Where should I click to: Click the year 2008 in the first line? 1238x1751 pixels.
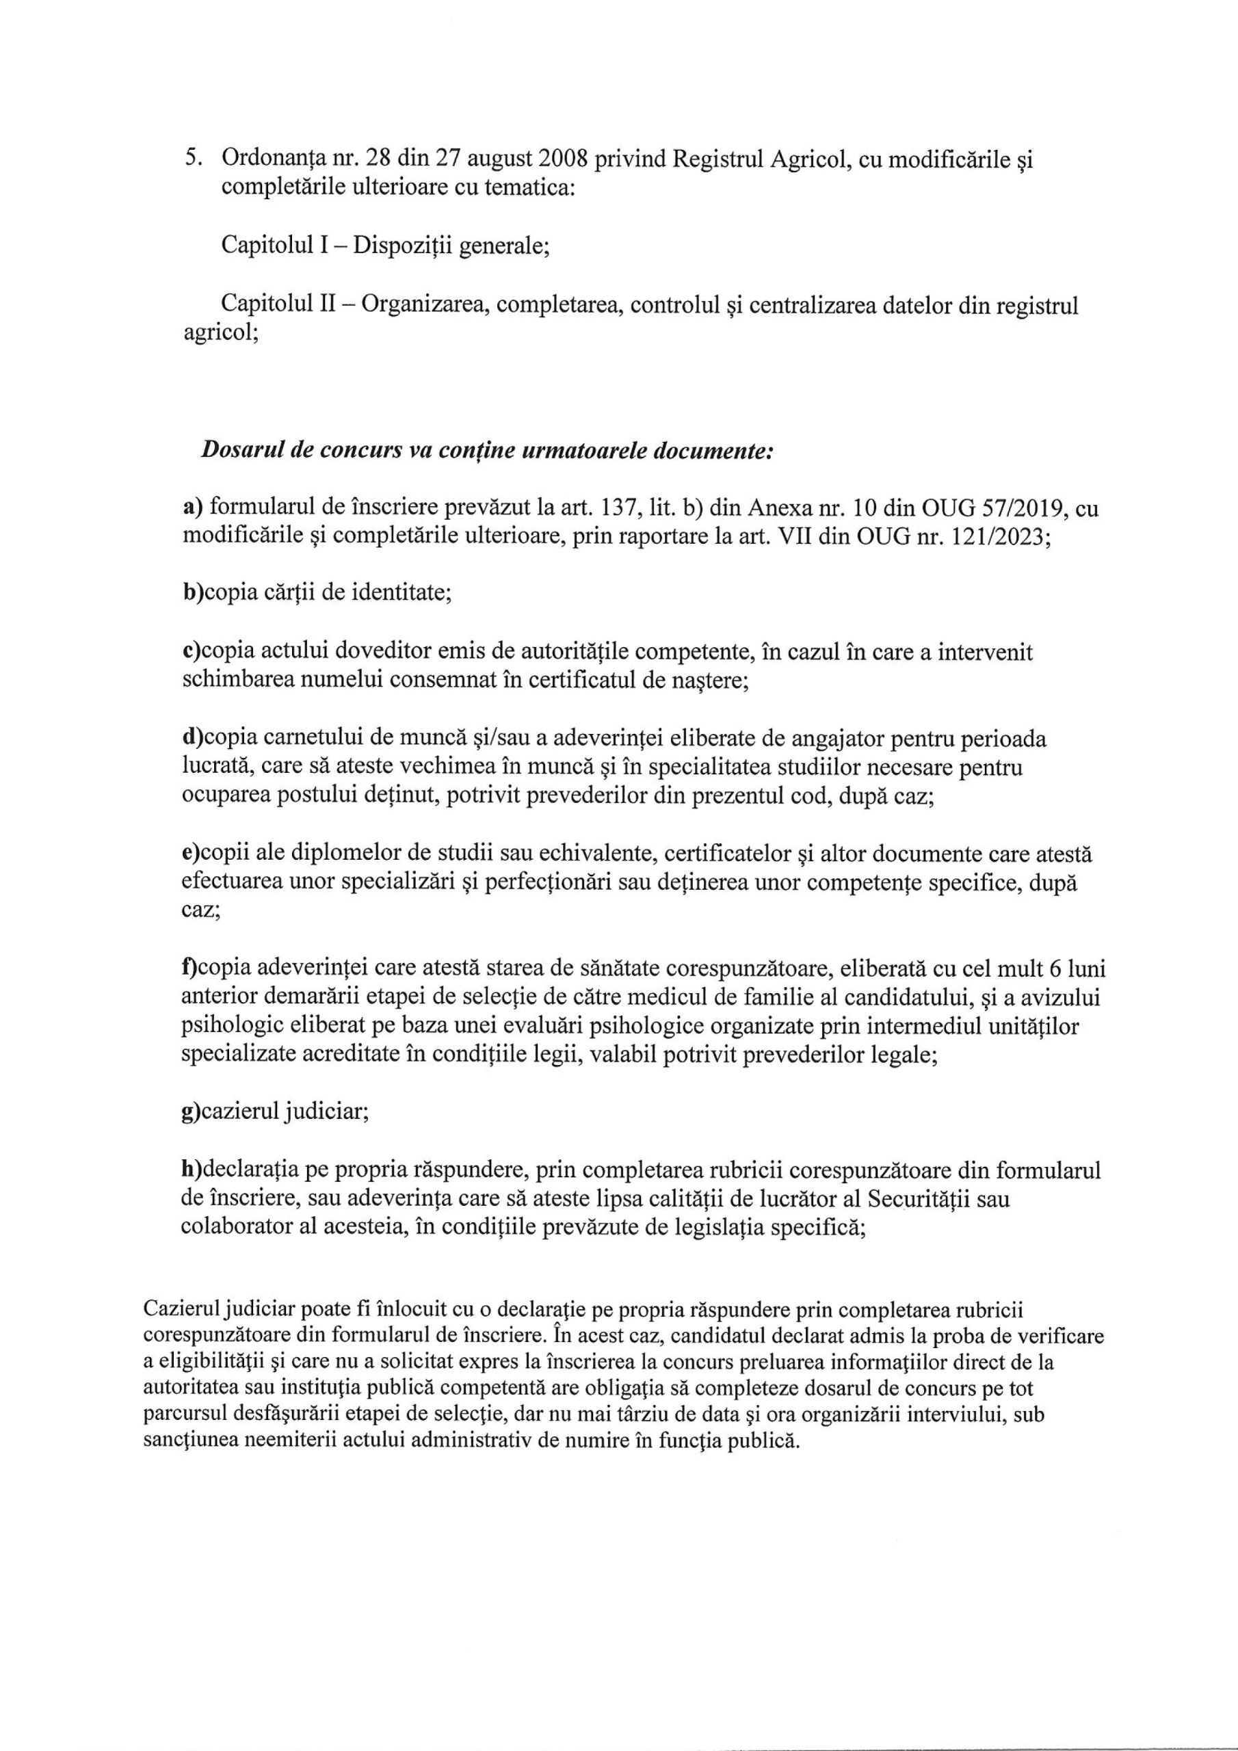coord(558,159)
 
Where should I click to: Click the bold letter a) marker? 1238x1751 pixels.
coord(192,508)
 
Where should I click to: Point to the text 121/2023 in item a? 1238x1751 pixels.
coord(1006,536)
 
